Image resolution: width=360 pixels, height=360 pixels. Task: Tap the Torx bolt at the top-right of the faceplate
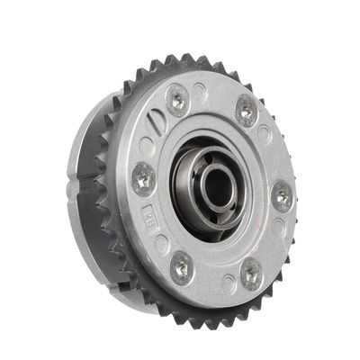coord(247,112)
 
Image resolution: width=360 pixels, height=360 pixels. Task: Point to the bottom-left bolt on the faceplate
coord(182,265)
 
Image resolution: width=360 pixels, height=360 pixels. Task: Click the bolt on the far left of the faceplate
coord(143,178)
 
